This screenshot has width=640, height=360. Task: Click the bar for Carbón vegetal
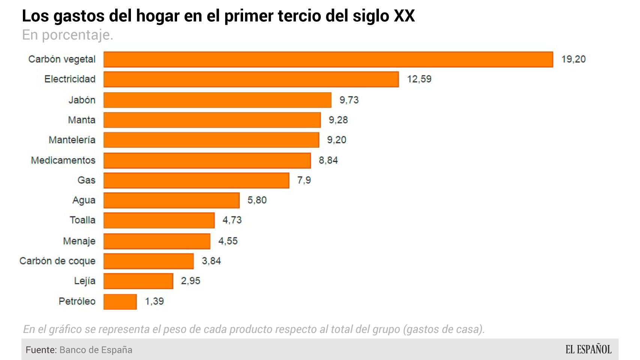point(328,60)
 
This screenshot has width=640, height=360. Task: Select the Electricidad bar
point(251,79)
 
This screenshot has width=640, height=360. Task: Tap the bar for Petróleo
point(120,301)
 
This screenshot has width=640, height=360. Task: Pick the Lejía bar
point(138,281)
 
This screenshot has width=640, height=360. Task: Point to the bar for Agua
point(171,200)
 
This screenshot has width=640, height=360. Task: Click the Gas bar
point(196,180)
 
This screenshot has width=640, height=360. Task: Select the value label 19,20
point(573,59)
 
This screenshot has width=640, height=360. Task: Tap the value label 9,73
point(349,100)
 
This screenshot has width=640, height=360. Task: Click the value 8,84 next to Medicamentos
point(328,160)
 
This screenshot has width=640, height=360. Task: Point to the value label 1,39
point(154,301)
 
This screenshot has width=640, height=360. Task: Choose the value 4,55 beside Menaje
point(228,241)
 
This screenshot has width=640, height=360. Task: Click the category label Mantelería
point(72,140)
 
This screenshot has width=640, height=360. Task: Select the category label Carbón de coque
point(57,261)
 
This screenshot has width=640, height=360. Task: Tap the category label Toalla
point(83,220)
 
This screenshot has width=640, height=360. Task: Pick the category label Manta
point(82,120)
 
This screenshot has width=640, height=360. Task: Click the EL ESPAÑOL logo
point(588,349)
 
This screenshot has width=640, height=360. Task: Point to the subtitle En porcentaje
point(68,35)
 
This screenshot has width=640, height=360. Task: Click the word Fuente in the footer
point(41,350)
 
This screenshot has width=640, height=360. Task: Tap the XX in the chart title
point(404,16)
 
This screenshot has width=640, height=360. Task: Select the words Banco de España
point(96,350)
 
